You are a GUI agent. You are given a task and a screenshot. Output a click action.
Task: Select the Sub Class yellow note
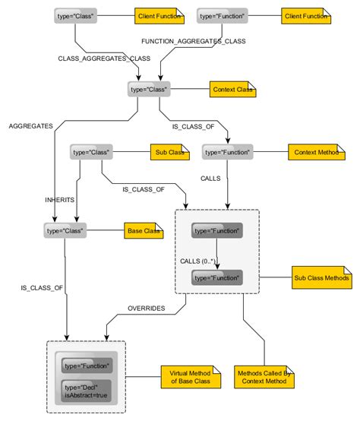point(169,153)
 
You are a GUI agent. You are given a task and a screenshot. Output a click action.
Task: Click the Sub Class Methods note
point(321,278)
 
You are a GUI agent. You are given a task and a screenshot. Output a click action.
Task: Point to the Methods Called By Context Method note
point(262,376)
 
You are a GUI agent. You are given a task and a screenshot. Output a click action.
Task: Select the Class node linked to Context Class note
point(148,90)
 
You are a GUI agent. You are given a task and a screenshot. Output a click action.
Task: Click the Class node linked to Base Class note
point(65,229)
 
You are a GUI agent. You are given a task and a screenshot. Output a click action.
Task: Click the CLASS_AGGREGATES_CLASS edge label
point(93,58)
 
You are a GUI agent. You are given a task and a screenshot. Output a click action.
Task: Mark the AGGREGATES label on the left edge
point(30,126)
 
